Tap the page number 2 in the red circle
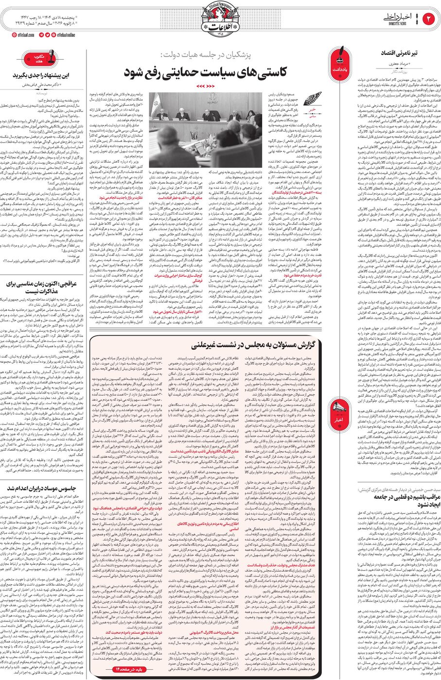(429, 19)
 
